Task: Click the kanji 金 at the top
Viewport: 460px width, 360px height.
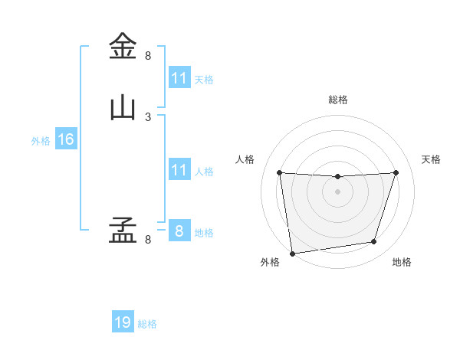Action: tap(123, 46)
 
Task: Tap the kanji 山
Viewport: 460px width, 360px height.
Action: tap(123, 108)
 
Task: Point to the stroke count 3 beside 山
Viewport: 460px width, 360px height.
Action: tap(148, 117)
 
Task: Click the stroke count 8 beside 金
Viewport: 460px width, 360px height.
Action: tap(148, 56)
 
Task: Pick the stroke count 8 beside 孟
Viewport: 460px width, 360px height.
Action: tap(148, 240)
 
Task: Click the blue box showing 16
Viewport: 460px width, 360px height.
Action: tap(65, 139)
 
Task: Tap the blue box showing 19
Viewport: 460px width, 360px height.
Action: tap(123, 322)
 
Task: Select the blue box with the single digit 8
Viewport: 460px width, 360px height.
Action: tap(179, 231)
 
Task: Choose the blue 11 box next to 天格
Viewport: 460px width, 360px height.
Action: tap(179, 78)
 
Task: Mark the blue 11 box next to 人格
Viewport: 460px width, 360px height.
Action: tap(179, 170)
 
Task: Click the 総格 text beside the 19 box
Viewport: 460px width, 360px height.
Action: tap(147, 324)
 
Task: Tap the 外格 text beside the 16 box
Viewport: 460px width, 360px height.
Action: tap(41, 141)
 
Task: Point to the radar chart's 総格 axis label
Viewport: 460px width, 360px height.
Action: tap(338, 100)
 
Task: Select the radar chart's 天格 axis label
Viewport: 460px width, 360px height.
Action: tap(432, 159)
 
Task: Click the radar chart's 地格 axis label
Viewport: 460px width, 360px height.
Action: tap(402, 263)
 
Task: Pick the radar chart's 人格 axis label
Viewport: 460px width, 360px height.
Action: tap(245, 159)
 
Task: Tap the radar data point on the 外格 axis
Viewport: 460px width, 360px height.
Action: tap(292, 253)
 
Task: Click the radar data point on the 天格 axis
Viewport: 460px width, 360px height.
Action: tap(396, 172)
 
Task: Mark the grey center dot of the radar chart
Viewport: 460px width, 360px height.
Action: tap(338, 191)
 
